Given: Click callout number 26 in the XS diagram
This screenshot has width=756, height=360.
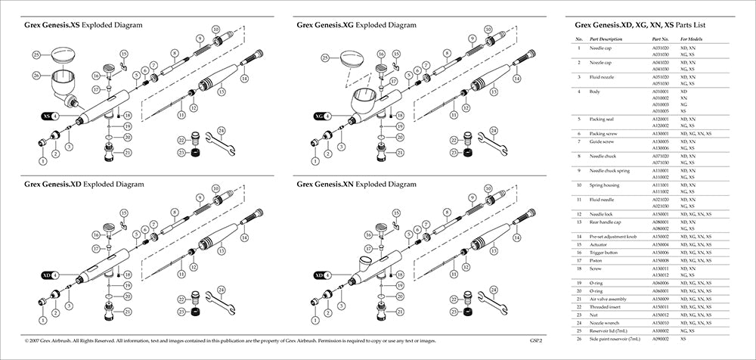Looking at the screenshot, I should click(x=36, y=75).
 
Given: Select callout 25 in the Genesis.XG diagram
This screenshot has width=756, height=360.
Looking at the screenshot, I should click(x=325, y=57).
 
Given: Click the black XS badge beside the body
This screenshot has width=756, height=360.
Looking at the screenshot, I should click(x=48, y=116).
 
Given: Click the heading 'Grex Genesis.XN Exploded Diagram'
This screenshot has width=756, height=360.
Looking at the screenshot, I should click(x=356, y=184).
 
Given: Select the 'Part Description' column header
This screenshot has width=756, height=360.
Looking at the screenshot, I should click(x=606, y=39).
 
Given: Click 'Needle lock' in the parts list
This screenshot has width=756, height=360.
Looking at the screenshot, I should click(x=603, y=216).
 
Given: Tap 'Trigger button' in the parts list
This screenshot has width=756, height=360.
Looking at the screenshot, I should click(x=606, y=253).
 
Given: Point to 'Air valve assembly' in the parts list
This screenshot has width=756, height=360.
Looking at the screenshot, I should click(x=609, y=299).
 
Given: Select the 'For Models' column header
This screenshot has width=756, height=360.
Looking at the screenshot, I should click(x=692, y=39).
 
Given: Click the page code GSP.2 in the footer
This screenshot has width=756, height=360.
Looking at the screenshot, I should click(x=538, y=342).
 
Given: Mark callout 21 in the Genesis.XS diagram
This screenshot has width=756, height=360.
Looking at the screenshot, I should click(x=127, y=153).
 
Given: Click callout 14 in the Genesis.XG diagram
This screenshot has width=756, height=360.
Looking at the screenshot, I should click(x=517, y=78).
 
